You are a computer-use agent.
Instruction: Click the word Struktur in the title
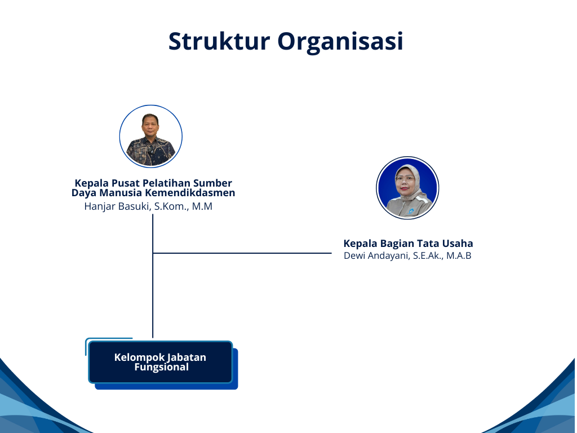pyautogui.click(x=219, y=41)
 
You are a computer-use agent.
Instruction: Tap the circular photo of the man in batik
pyautogui.click(x=151, y=136)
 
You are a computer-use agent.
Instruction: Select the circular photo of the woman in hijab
pyautogui.click(x=407, y=188)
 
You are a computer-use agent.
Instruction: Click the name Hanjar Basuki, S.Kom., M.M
pyautogui.click(x=148, y=206)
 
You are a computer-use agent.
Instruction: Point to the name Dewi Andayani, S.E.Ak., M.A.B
pyautogui.click(x=407, y=255)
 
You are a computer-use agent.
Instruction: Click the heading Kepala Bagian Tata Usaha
pyautogui.click(x=408, y=244)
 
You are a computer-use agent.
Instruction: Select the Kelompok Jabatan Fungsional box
pyautogui.click(x=161, y=363)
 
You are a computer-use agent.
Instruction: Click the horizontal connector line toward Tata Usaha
pyautogui.click(x=242, y=253)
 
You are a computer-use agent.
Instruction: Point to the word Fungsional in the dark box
pyautogui.click(x=161, y=367)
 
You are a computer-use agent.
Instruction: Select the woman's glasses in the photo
pyautogui.click(x=405, y=179)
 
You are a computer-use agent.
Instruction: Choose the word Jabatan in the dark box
pyautogui.click(x=187, y=357)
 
